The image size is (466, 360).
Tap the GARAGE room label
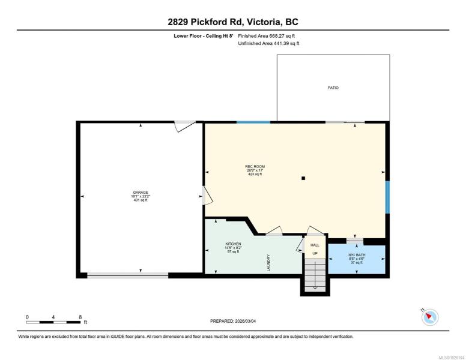tap(141, 193)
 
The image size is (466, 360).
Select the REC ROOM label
tap(255, 167)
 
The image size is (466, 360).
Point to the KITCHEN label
tap(233, 244)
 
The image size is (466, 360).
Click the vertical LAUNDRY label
tap(268, 263)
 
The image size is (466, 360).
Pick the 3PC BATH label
tap(357, 255)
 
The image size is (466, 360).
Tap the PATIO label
tap(333, 88)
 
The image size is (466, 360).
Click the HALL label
tap(315, 245)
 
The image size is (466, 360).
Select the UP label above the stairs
tap(315, 253)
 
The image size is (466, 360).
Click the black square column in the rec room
tap(303, 178)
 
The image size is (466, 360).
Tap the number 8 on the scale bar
tap(80, 317)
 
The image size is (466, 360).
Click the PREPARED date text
tap(233, 321)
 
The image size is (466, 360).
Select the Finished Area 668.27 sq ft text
tap(267, 36)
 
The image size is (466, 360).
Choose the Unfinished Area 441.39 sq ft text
tap(268, 43)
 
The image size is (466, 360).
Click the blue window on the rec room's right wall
tap(387, 197)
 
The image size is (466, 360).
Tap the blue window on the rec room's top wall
tap(253, 122)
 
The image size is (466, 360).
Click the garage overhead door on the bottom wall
tap(128, 275)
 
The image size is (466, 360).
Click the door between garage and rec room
tap(207, 196)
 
